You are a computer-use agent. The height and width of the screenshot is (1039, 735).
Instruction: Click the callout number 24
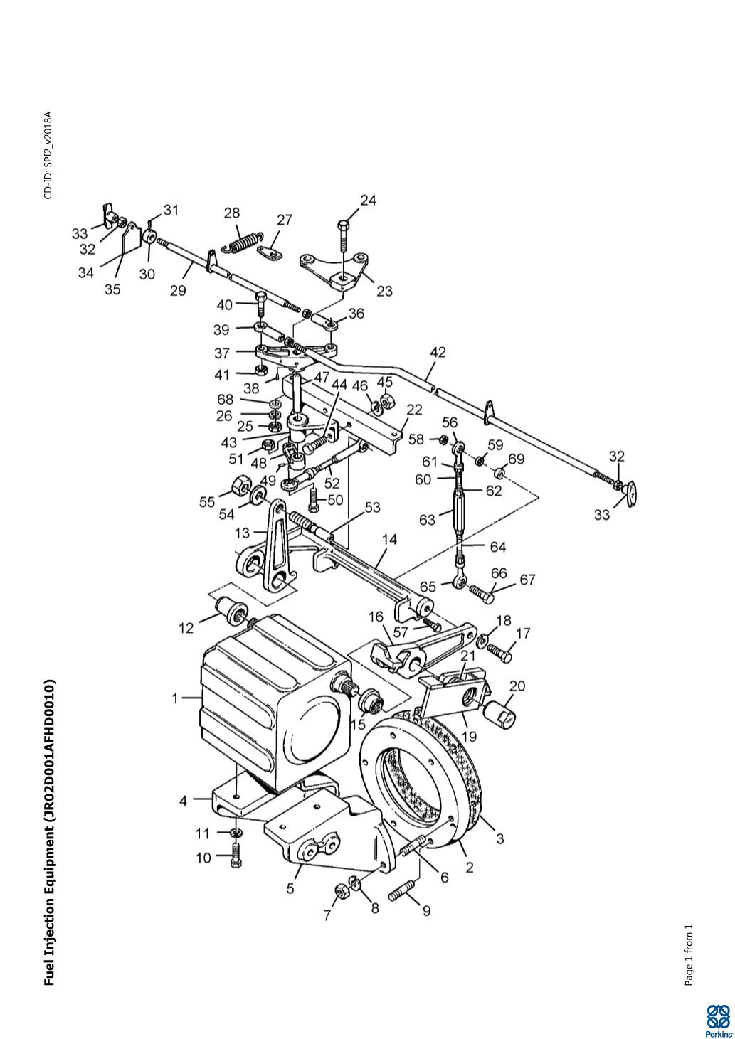point(368,201)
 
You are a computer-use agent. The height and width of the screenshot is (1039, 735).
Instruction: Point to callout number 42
point(438,352)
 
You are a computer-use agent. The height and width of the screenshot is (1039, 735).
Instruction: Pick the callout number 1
point(175,698)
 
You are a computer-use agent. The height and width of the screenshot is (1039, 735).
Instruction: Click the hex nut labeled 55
point(238,484)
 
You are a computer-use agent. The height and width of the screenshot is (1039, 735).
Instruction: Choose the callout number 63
point(427,519)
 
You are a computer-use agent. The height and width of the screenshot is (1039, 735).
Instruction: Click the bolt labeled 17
point(499,653)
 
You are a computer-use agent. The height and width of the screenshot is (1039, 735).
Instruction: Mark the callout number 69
point(516,459)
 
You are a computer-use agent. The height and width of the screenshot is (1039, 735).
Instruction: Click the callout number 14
point(390,540)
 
